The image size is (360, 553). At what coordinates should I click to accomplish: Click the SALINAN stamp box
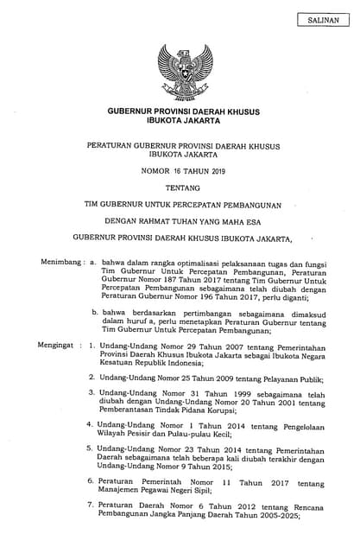323,18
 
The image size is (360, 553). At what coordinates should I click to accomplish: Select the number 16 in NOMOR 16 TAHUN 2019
172,170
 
